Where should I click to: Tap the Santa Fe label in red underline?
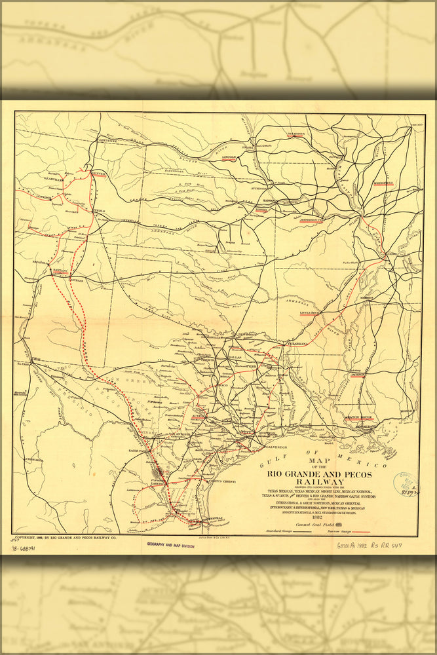pos(60,270)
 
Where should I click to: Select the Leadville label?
pos(34,178)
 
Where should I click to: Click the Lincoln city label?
pos(229,158)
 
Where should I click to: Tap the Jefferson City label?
pos(313,221)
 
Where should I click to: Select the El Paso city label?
pos(24,362)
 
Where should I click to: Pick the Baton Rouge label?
pos(359,417)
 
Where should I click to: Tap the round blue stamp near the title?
pos(405,484)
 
